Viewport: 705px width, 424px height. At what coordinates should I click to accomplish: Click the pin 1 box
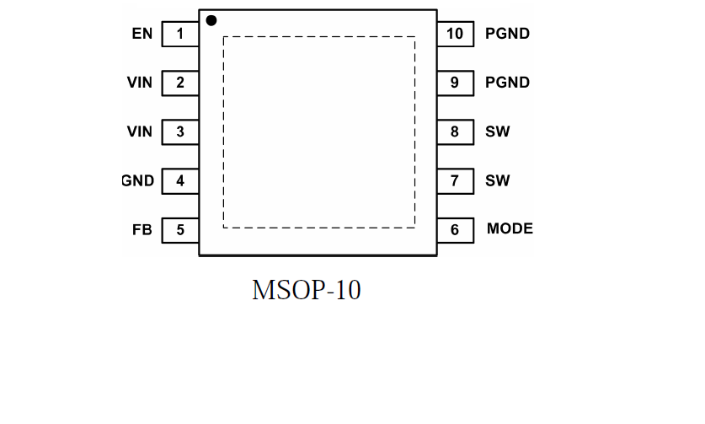click(x=180, y=35)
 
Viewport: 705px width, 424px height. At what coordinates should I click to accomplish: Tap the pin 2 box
click(x=180, y=83)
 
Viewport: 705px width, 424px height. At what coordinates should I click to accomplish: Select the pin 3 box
click(x=180, y=131)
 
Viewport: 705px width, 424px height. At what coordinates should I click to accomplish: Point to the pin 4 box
click(x=180, y=180)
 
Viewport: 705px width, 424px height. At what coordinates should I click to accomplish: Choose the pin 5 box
click(x=180, y=229)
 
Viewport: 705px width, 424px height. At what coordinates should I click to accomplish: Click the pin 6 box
click(x=455, y=229)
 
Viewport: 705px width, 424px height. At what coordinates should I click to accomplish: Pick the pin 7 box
click(x=455, y=180)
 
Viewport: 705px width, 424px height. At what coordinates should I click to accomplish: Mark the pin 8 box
click(x=455, y=131)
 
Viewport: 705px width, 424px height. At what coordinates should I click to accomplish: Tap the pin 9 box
click(x=455, y=83)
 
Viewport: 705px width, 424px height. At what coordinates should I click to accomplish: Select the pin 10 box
click(x=455, y=35)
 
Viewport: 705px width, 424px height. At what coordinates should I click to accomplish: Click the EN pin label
click(x=142, y=35)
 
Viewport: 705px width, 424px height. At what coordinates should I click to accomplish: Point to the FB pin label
click(x=142, y=229)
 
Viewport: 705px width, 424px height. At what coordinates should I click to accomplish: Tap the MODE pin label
click(x=510, y=229)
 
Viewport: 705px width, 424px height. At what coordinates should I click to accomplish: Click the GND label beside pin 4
click(x=138, y=180)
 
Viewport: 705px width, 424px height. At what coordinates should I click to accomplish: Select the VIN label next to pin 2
click(x=140, y=83)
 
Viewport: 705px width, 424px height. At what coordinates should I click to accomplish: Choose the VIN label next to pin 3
click(x=140, y=131)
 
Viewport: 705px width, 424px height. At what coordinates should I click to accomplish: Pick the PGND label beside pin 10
click(x=507, y=35)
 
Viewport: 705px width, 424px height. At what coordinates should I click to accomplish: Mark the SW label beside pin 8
click(x=497, y=131)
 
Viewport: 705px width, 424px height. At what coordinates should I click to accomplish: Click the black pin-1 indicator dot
click(x=211, y=20)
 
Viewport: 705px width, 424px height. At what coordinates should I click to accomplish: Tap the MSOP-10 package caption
click(x=306, y=290)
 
